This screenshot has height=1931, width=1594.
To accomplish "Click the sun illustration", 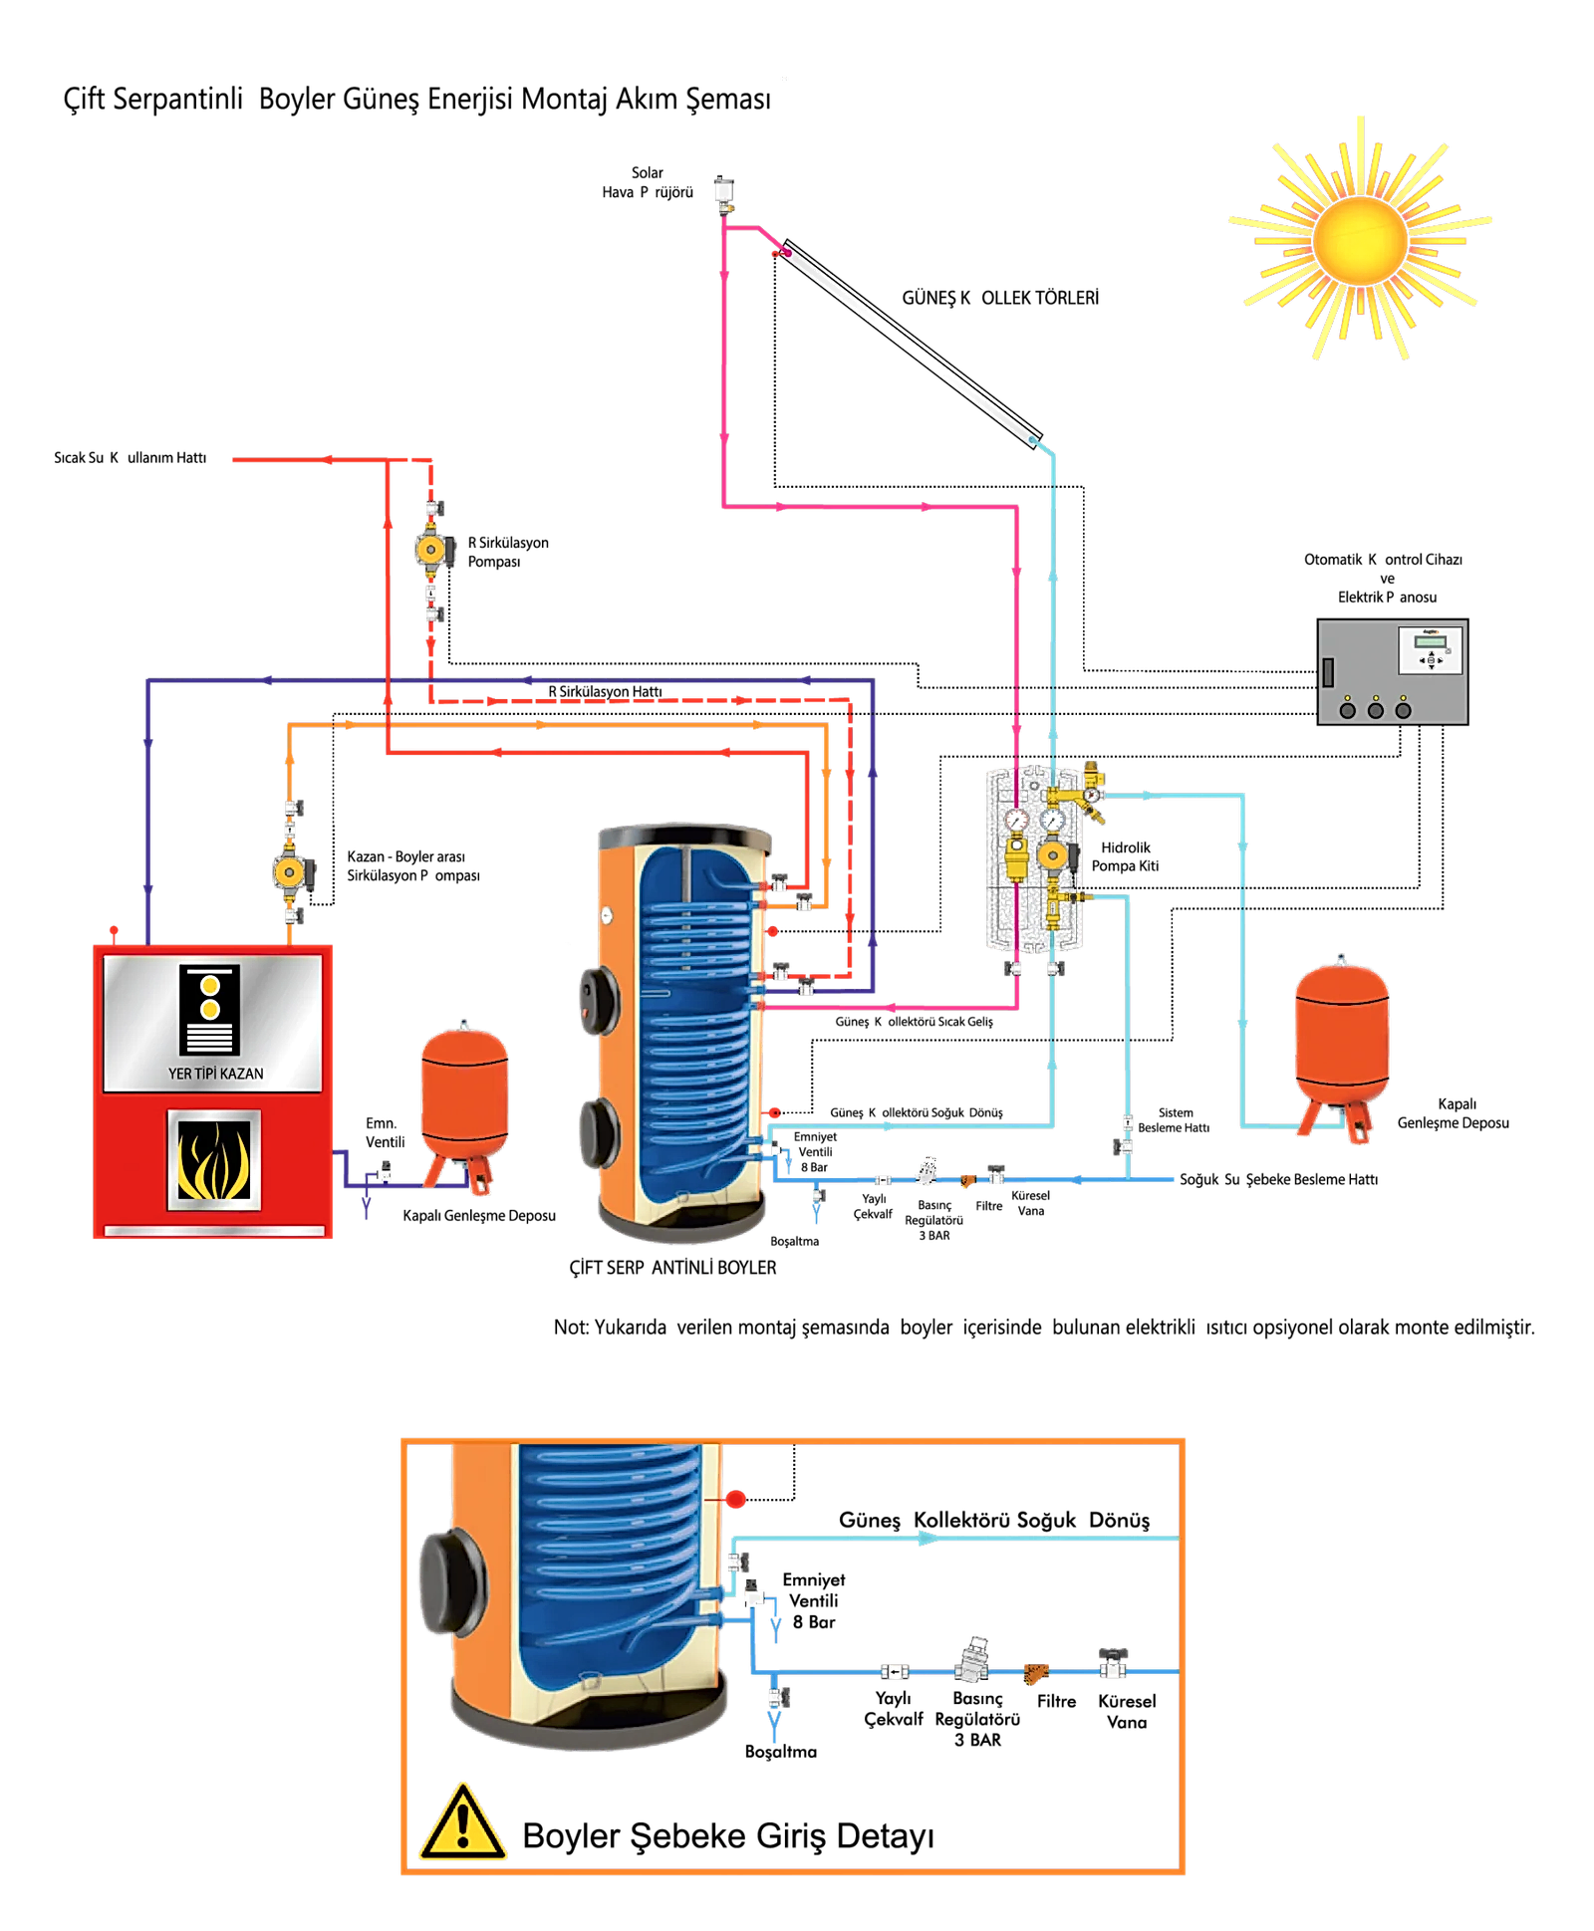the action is (1359, 239).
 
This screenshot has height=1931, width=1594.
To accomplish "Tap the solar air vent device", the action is (724, 193).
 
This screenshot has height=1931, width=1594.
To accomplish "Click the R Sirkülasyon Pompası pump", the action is (430, 549).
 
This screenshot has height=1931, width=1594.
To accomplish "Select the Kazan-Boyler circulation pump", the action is (292, 872).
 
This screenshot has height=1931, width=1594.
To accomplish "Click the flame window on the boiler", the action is (214, 1159).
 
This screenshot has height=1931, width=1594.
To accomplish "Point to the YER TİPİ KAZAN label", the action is (216, 1074).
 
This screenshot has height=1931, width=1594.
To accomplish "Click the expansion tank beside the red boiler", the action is (465, 1104).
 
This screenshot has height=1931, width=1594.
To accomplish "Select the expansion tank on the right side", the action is (1341, 1046).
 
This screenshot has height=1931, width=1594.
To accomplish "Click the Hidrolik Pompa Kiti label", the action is (1125, 856).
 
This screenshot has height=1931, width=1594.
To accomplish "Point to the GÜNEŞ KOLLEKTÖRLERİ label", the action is (1000, 298).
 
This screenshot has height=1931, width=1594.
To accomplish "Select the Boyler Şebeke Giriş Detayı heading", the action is (728, 1835).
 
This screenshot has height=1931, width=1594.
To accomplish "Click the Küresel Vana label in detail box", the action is (1127, 1711).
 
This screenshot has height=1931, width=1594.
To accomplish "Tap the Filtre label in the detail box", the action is (1056, 1701).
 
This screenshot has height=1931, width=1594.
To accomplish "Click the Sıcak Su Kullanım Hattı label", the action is (131, 458).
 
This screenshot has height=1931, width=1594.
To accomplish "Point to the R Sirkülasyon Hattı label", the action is (605, 691).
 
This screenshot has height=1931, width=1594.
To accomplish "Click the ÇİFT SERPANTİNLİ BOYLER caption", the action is (672, 1268).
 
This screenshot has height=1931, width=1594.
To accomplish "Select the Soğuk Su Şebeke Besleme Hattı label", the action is (1278, 1179).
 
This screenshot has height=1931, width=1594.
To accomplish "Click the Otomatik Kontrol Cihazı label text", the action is (1383, 560).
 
